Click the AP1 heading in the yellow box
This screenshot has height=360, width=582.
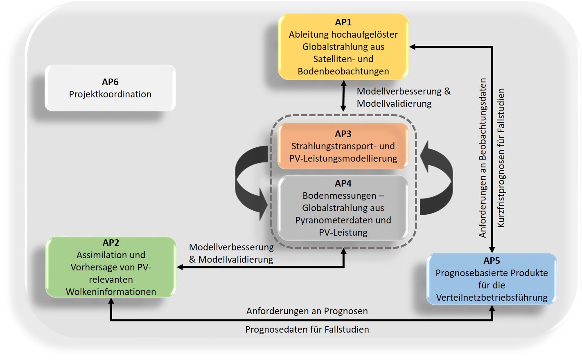click(x=343, y=22)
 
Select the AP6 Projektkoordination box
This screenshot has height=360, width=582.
click(x=110, y=88)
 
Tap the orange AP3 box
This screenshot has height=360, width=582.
click(x=343, y=146)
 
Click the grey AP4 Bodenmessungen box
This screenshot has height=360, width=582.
click(x=343, y=208)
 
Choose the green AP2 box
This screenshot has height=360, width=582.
click(x=111, y=267)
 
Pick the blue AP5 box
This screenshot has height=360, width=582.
click(x=492, y=279)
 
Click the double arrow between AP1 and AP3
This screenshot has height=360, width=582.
click(x=343, y=97)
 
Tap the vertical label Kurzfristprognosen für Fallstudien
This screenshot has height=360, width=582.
click(x=501, y=157)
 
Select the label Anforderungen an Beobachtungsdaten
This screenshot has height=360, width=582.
click(x=483, y=157)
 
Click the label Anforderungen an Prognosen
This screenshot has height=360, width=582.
click(x=307, y=311)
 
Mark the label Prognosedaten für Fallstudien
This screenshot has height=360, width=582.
click(x=307, y=329)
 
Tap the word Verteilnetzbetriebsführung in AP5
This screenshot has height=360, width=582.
click(x=492, y=297)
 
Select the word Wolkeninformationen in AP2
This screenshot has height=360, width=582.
click(x=111, y=292)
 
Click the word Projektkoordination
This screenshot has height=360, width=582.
click(x=110, y=94)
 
